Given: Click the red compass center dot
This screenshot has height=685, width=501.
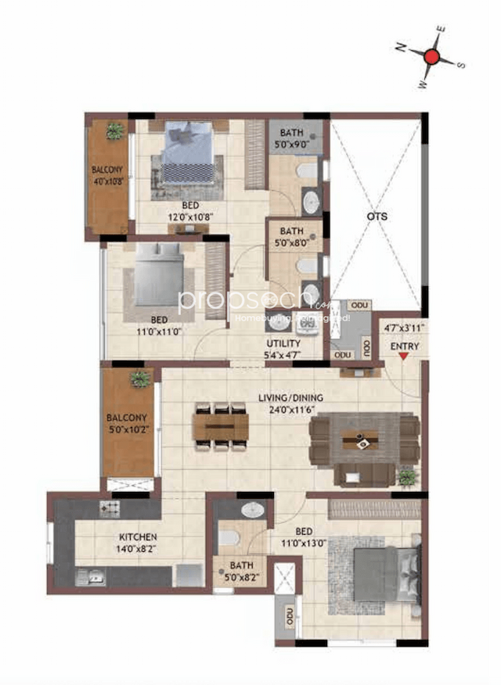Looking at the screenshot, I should tap(431, 56).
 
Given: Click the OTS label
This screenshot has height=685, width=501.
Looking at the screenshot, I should tap(377, 217).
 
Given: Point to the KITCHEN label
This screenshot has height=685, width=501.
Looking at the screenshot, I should tap(138, 537).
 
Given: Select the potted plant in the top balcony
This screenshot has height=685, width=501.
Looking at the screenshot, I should tap(115, 131).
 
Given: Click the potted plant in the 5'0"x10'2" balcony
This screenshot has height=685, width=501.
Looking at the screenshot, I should tap(140, 379).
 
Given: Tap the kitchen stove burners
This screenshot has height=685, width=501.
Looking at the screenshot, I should tap(109, 509).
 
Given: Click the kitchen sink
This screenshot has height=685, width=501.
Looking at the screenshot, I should tap(89, 578).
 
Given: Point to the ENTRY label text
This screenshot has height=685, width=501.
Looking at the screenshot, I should tap(404, 346).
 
